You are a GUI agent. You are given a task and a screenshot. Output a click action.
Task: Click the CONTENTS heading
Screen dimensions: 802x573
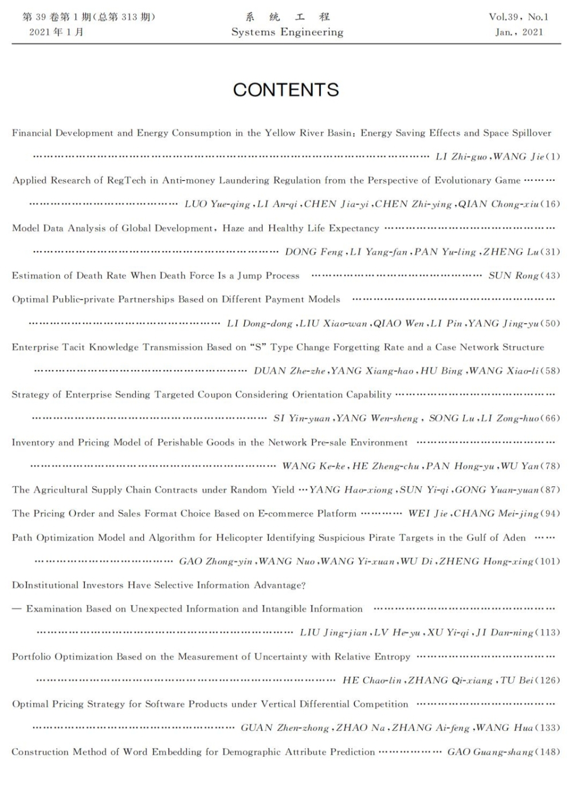point(286,90)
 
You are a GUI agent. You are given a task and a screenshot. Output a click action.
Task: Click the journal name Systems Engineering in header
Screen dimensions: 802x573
point(287,32)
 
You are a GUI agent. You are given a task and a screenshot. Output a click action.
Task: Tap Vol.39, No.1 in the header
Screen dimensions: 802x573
point(519,17)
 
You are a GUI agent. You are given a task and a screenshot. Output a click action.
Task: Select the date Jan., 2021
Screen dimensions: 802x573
point(519,32)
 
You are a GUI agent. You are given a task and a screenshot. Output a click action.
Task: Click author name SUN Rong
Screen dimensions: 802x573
point(513,276)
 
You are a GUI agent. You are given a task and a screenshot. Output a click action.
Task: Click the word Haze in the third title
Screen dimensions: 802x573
point(233,228)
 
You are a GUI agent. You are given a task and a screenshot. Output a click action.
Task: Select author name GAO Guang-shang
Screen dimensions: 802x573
point(490,752)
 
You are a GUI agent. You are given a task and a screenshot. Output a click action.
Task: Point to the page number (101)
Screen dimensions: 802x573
point(547,561)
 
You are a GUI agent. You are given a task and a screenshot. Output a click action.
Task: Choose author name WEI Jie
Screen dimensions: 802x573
point(427,513)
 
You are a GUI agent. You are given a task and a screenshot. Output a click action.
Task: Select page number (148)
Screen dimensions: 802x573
point(547,752)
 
